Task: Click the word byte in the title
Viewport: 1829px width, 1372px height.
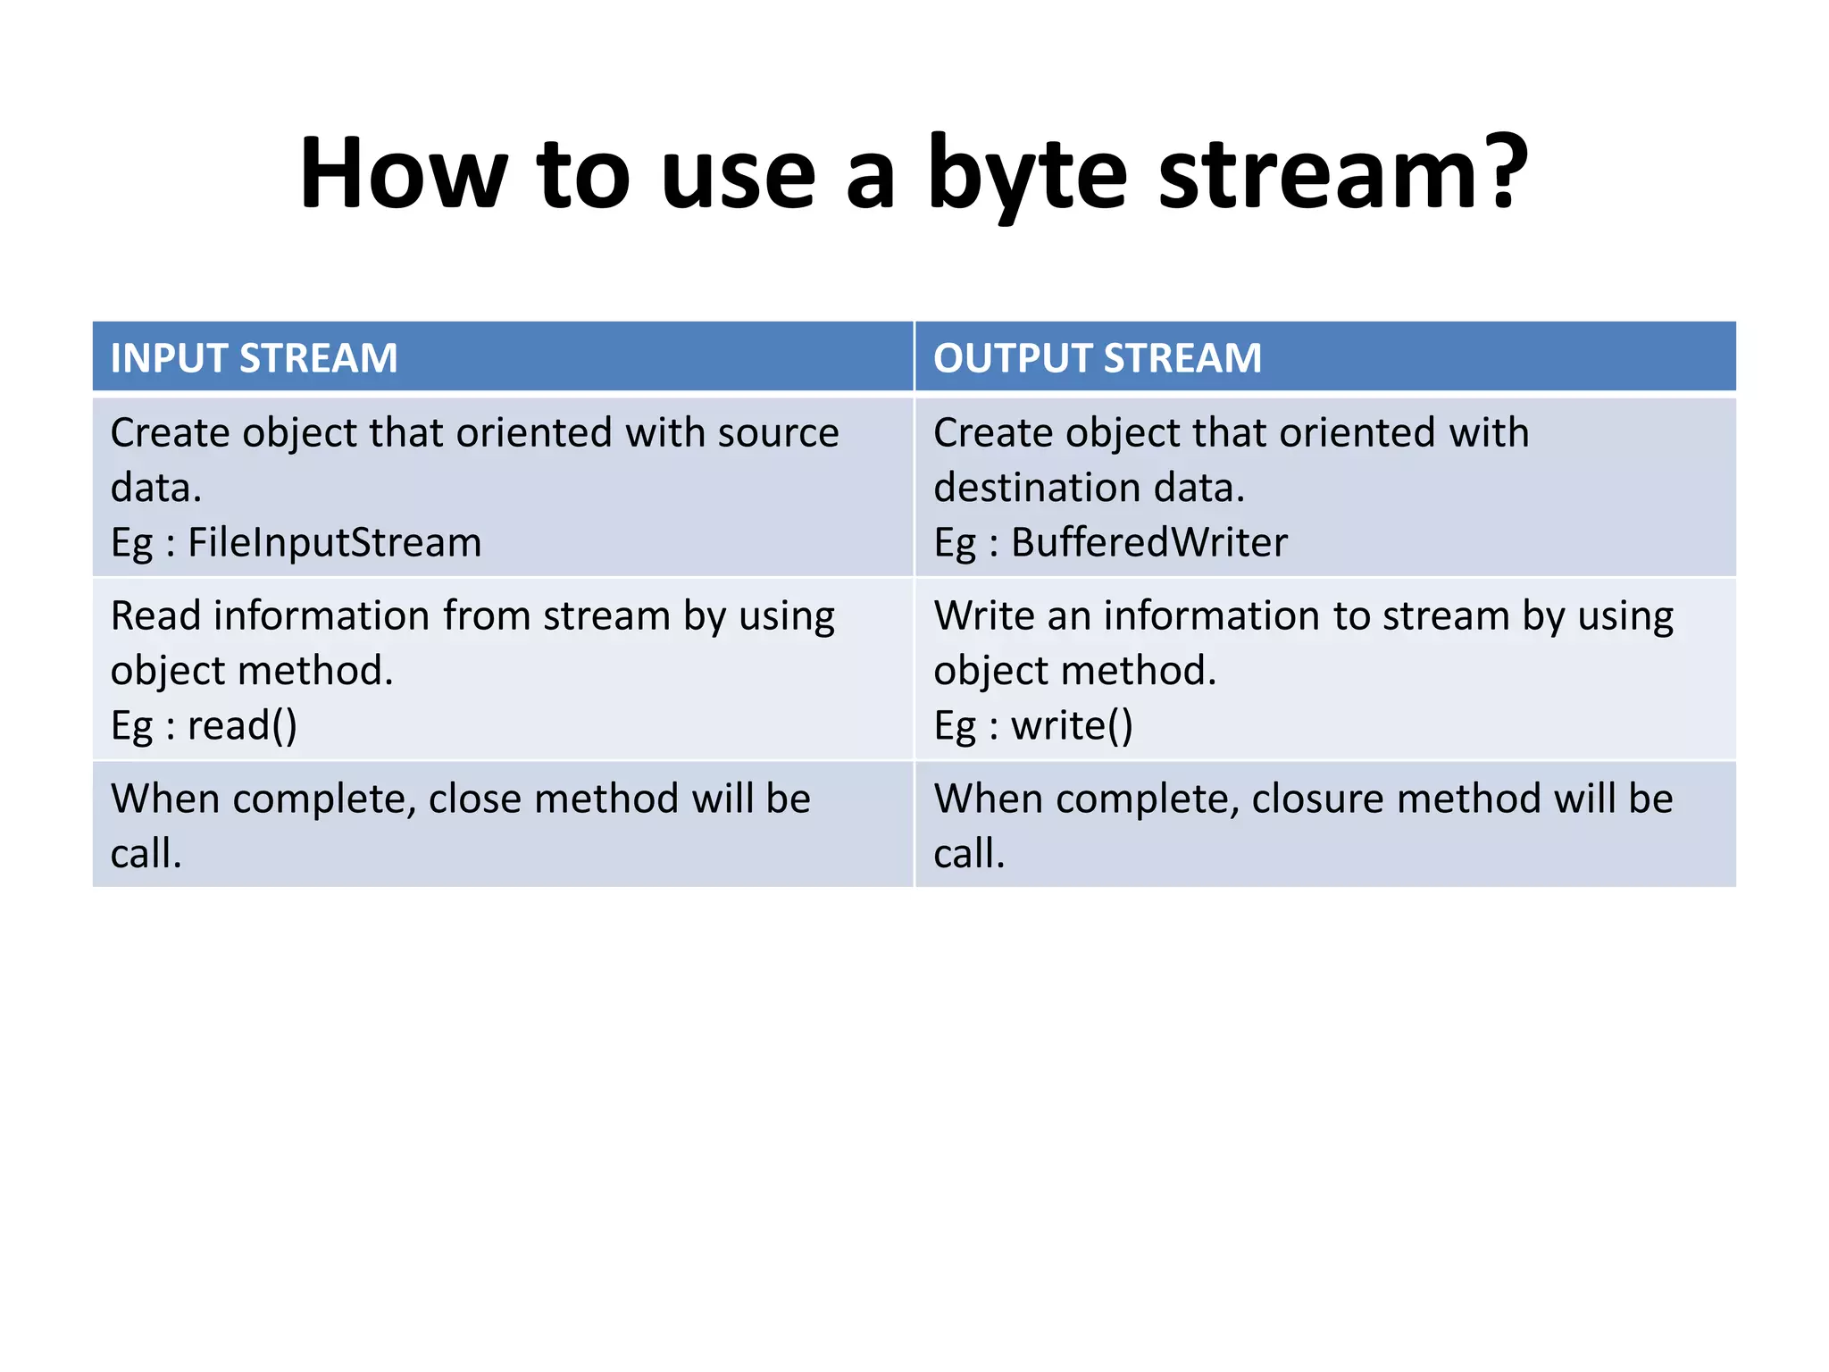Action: (1027, 174)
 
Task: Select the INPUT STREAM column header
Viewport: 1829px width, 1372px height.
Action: (254, 358)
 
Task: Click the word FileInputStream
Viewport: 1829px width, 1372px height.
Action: (334, 543)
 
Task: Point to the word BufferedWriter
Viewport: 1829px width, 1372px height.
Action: (1148, 543)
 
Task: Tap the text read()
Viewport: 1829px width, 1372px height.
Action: (241, 725)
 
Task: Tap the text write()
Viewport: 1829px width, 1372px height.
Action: (1072, 725)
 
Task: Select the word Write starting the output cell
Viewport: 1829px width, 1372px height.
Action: (983, 616)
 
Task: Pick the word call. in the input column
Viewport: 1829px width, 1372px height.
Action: (146, 854)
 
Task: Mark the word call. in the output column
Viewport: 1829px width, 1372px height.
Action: (969, 854)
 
